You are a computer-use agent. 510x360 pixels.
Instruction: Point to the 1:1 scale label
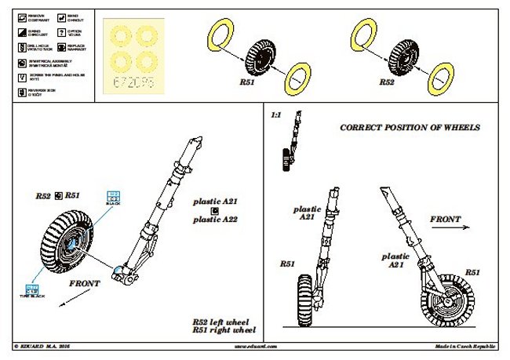[275, 115]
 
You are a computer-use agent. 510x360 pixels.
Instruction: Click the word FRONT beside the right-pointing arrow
[444, 220]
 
